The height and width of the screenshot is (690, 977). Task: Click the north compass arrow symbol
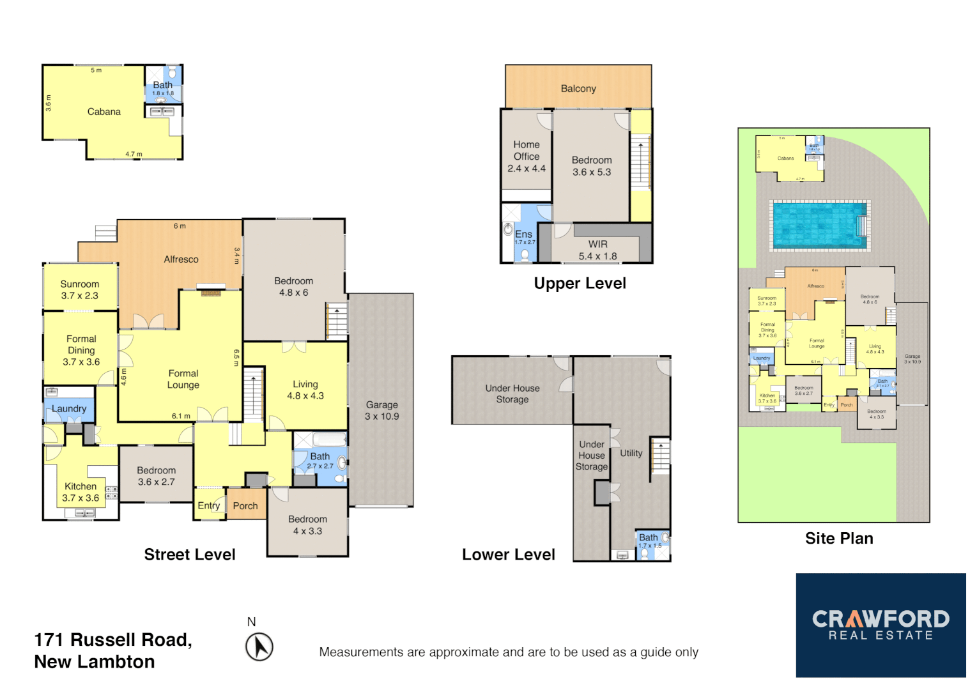pyautogui.click(x=259, y=647)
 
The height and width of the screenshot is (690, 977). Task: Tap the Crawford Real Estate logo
pyautogui.click(x=881, y=625)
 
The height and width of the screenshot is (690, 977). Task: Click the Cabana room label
pyautogui.click(x=104, y=112)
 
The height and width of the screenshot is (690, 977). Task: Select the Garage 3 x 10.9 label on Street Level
pyautogui.click(x=381, y=410)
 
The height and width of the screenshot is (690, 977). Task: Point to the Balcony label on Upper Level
pyautogui.click(x=578, y=89)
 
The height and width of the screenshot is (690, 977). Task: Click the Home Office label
pyautogui.click(x=527, y=151)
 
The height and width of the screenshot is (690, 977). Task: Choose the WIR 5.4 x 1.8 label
pyautogui.click(x=597, y=250)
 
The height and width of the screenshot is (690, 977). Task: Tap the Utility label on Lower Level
pyautogui.click(x=631, y=453)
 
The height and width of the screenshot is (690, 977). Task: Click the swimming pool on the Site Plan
pyautogui.click(x=819, y=226)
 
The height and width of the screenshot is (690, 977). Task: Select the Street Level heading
pyautogui.click(x=190, y=555)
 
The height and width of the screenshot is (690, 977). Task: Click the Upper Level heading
pyautogui.click(x=580, y=283)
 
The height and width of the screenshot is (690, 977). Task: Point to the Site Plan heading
pyautogui.click(x=838, y=539)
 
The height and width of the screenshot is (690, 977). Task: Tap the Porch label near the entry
pyautogui.click(x=245, y=506)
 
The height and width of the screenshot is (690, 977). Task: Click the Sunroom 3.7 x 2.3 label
pyautogui.click(x=80, y=289)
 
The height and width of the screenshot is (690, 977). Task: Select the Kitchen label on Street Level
pyautogui.click(x=81, y=487)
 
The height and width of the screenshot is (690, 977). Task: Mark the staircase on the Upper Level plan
pyautogui.click(x=640, y=163)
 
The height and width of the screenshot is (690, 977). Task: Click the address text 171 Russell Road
pyautogui.click(x=113, y=640)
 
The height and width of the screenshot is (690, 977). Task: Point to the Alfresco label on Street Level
pyautogui.click(x=181, y=259)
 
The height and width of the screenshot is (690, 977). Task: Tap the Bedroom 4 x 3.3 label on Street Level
pyautogui.click(x=307, y=525)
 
